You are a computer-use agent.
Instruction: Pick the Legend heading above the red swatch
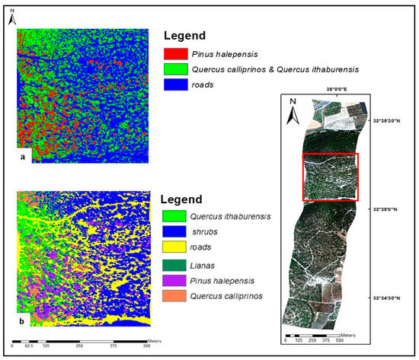tap(187, 35)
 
